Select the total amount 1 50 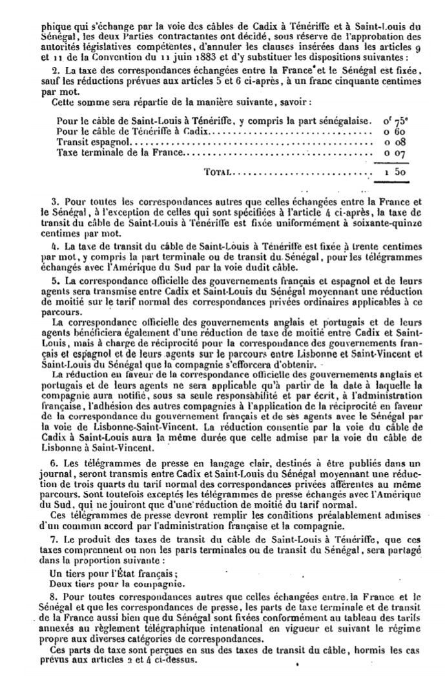(x=397, y=172)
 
